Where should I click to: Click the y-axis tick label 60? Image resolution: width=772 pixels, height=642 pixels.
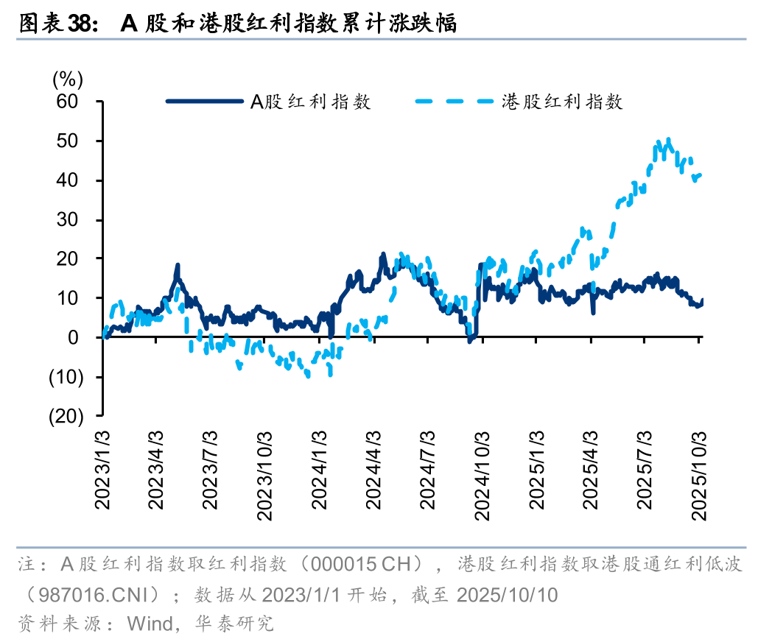point(79,101)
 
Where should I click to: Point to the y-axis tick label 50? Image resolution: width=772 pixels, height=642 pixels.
point(79,141)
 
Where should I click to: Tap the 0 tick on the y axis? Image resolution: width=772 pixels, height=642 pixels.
point(84,337)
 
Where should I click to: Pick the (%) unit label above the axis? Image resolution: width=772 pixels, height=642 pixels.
point(69,78)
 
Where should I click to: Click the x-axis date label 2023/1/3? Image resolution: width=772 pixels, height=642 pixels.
point(104,470)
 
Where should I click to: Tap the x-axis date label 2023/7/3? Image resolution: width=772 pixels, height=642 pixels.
point(211,470)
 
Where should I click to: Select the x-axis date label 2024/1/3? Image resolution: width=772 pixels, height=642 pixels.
point(319,470)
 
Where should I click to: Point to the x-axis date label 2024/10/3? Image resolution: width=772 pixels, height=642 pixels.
point(481,475)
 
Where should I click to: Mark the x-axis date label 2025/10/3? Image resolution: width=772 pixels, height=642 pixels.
point(698,475)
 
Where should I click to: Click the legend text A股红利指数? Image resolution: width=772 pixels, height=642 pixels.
point(311,102)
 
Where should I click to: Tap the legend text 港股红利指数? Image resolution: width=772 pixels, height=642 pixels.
point(563,102)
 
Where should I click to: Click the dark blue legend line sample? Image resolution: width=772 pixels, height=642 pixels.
point(205,102)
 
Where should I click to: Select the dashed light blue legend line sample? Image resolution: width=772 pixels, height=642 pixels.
point(455,102)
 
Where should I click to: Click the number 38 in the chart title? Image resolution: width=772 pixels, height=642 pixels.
point(79,24)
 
